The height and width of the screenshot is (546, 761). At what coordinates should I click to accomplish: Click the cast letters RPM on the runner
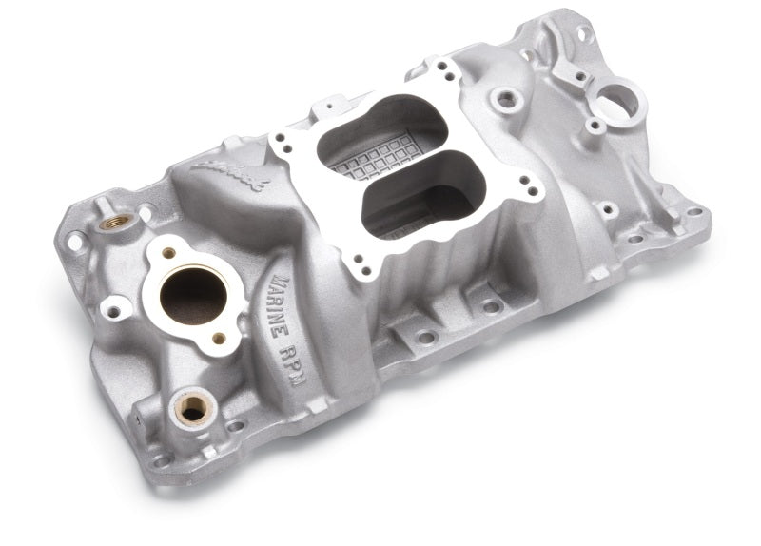293,364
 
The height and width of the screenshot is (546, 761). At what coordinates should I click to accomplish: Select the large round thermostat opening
193,296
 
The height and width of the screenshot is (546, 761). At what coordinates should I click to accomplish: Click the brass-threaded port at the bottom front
193,409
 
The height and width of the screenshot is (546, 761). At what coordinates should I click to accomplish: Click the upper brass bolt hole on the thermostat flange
168,253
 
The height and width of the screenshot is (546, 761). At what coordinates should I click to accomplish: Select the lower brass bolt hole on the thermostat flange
219,339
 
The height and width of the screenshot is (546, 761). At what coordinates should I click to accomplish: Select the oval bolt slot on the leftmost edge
74,242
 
